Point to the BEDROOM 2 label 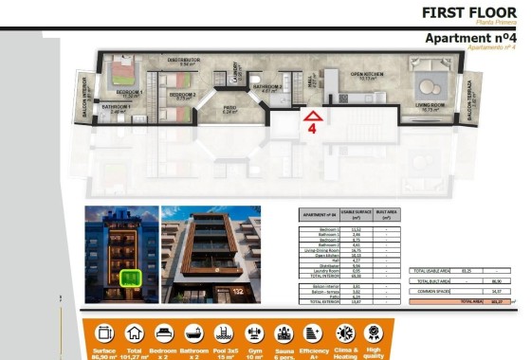(x=181, y=95)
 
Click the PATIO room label (x=229, y=109)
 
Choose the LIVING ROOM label (x=431, y=106)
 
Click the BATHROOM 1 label (x=116, y=107)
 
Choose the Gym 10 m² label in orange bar (x=254, y=352)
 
